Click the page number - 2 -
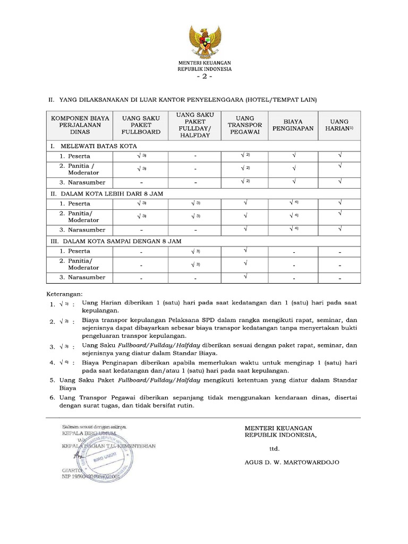(x=205, y=77)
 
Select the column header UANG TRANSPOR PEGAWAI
(x=245, y=125)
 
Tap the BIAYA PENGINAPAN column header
(x=293, y=125)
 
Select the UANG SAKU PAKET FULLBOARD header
(x=142, y=125)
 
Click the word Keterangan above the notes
(x=63, y=294)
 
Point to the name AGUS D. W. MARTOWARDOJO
(x=292, y=462)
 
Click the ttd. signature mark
(x=275, y=448)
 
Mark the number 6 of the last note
(x=52, y=398)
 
